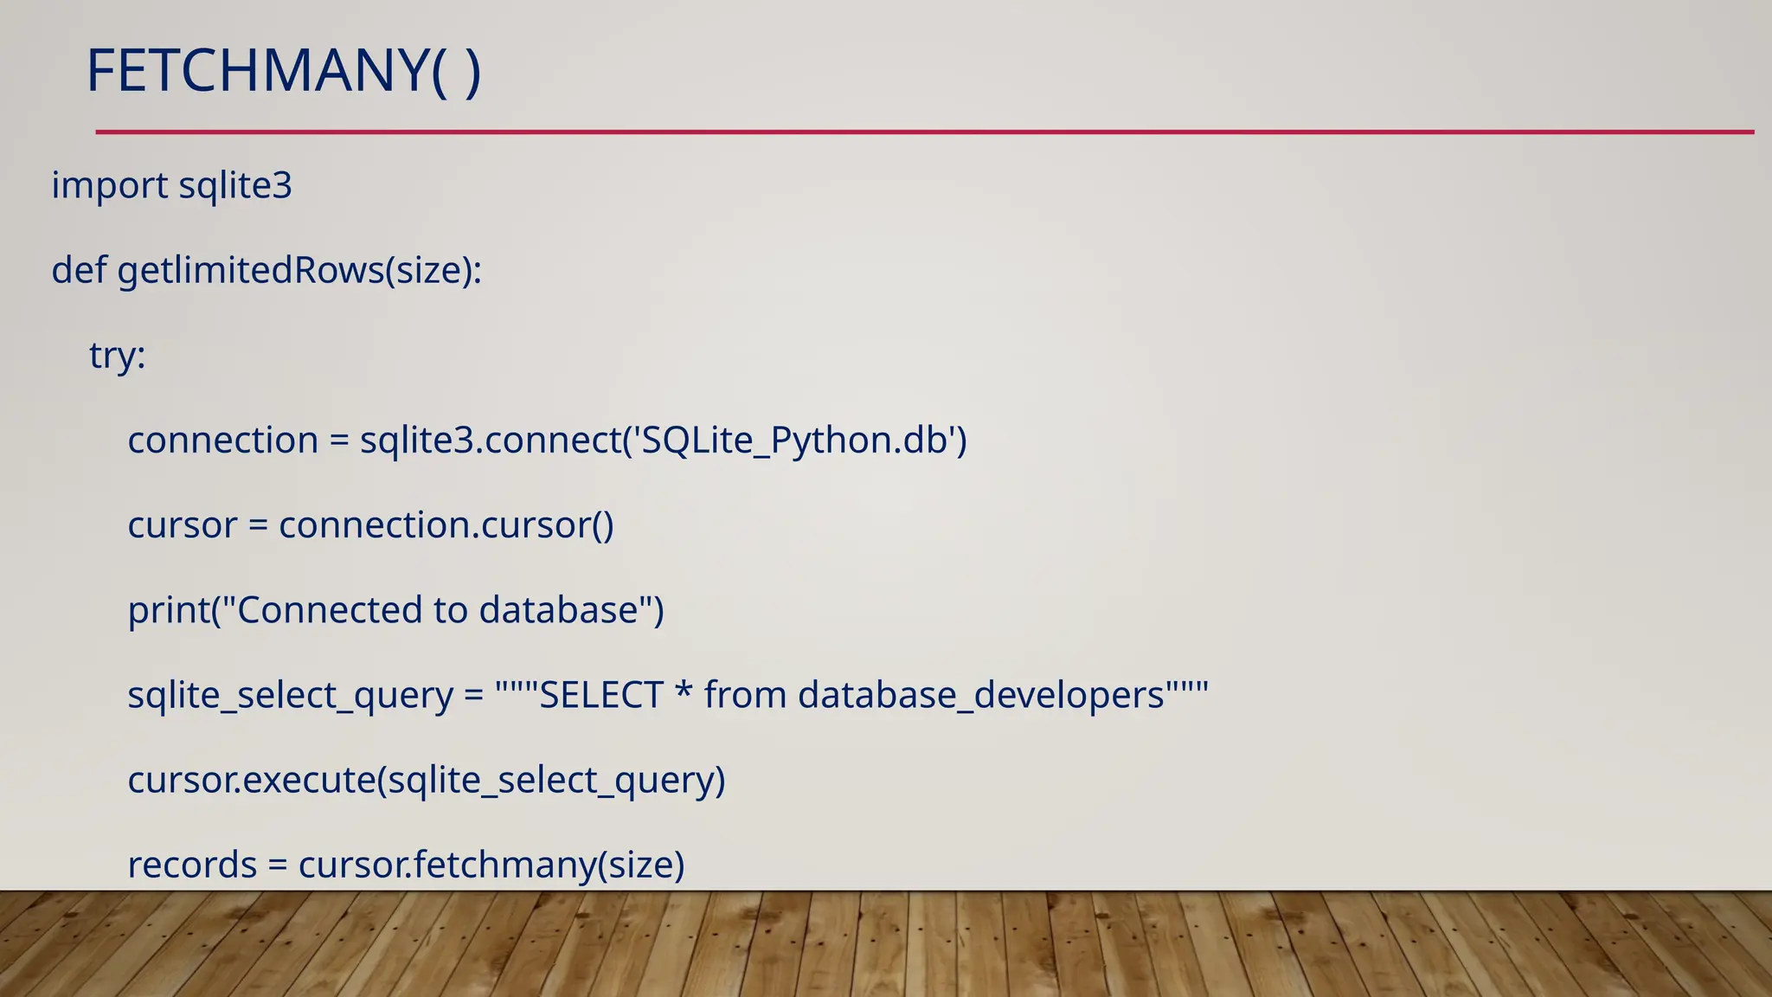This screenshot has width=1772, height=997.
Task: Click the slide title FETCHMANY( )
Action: coord(283,71)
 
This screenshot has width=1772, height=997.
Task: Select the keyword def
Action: coord(79,270)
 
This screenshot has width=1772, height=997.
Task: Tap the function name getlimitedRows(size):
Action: coord(299,271)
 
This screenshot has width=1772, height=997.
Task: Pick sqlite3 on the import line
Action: coord(235,186)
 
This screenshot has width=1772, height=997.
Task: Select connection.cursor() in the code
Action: coord(446,525)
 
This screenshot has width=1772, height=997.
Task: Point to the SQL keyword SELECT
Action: coord(600,695)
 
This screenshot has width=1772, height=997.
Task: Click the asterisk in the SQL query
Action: coord(684,692)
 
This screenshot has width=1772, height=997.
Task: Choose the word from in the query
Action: coord(746,695)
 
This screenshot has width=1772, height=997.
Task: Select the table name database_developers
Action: coord(980,695)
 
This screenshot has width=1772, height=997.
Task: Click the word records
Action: coord(192,865)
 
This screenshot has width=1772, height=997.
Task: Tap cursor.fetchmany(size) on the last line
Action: coord(491,865)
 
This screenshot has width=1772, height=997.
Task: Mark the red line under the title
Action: coord(924,132)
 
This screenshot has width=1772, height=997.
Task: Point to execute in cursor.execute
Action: coord(310,780)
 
